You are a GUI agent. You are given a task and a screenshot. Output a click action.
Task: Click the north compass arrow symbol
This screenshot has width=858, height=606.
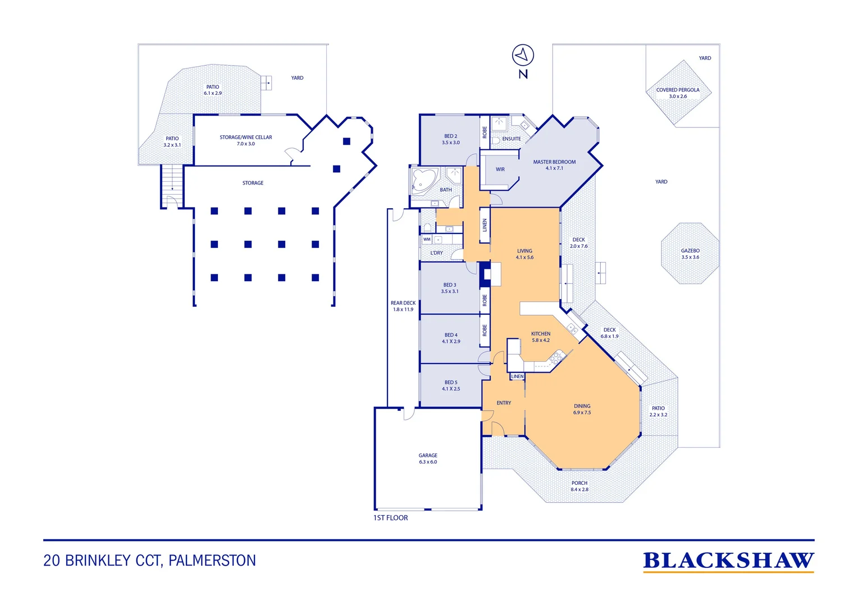[x=522, y=55]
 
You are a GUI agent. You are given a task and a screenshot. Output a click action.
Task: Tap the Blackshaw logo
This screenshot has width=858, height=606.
[x=728, y=561]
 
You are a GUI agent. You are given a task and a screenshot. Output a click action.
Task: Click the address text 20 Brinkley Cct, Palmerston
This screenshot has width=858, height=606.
[x=149, y=561]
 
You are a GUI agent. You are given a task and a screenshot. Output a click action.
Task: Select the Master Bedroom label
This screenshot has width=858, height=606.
[x=554, y=165]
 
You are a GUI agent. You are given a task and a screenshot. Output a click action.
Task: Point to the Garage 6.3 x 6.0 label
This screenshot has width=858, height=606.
[x=428, y=458]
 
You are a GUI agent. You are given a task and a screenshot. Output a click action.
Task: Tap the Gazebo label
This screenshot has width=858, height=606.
[x=690, y=254]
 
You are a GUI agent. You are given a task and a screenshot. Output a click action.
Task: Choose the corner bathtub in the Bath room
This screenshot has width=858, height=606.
[x=423, y=181]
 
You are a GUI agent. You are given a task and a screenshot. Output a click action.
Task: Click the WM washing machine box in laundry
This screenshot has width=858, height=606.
[x=427, y=240]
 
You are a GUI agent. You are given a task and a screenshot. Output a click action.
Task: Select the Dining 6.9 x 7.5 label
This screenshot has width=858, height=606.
[x=582, y=409]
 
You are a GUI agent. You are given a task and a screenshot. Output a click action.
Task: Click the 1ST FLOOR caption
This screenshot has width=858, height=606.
[x=390, y=518]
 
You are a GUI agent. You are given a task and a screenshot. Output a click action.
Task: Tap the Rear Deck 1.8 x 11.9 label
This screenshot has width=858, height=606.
[x=403, y=306]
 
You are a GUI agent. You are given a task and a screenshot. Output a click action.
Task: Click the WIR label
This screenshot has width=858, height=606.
[x=500, y=169]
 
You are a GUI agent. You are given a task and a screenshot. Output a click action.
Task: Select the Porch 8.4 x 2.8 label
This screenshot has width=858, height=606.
[x=579, y=486]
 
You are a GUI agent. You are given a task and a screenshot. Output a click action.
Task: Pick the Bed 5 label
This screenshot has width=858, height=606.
[x=451, y=385]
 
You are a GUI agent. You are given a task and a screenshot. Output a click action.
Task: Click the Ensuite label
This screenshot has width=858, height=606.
[x=512, y=139]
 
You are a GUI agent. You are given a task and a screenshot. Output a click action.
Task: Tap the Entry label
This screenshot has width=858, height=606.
[x=504, y=403]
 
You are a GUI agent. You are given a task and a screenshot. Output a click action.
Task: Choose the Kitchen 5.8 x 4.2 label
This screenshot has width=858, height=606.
[x=541, y=337]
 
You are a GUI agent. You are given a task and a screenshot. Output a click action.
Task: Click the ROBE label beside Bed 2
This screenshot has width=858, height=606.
[x=485, y=132]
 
